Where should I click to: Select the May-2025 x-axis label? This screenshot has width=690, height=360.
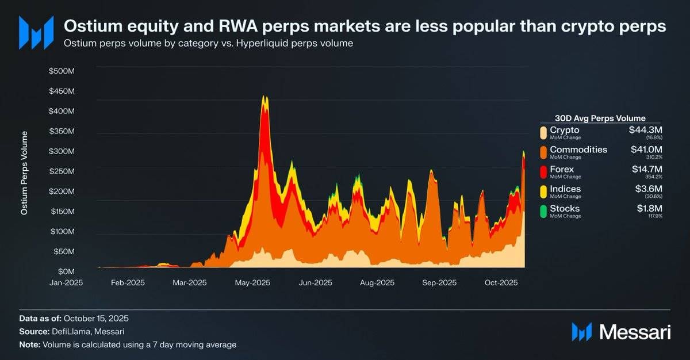pyautogui.click(x=252, y=283)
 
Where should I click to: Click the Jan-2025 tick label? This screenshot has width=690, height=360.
pyautogui.click(x=67, y=283)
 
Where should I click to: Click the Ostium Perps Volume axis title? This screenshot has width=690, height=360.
pyautogui.click(x=25, y=173)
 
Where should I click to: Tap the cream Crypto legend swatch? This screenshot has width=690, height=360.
pyautogui.click(x=543, y=133)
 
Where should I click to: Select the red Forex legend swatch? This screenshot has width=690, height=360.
pyautogui.click(x=543, y=172)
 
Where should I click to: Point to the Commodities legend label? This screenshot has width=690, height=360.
pyautogui.click(x=578, y=150)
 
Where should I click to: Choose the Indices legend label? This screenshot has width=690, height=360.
pyautogui.click(x=565, y=189)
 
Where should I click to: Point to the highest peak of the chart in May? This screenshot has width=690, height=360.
pyautogui.click(x=264, y=97)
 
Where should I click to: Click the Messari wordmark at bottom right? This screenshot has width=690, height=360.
pyautogui.click(x=634, y=332)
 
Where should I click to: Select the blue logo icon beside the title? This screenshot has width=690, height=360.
pyautogui.click(x=36, y=32)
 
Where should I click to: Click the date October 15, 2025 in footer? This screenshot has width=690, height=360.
pyautogui.click(x=96, y=318)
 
